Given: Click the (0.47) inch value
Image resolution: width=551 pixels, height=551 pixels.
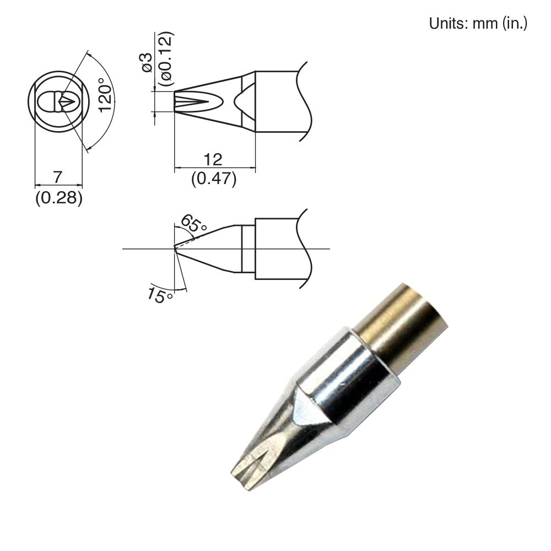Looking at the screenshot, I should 213,179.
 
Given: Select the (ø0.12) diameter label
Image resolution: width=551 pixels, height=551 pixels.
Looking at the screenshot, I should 165,58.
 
